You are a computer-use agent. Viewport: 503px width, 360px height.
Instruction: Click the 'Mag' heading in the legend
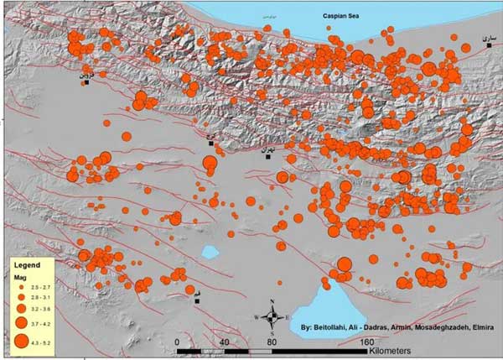(x=18, y=276)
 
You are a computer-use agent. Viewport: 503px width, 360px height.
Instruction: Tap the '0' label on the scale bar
(x=177, y=342)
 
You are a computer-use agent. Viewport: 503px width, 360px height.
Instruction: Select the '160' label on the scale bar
(x=366, y=342)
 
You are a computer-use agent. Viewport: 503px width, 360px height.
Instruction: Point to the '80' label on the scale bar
(x=272, y=342)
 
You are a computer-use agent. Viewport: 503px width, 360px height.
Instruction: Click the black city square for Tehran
(x=268, y=156)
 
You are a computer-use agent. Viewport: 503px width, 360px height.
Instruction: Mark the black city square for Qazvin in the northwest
(x=87, y=81)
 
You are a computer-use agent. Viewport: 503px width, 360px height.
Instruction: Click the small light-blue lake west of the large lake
(x=209, y=252)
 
